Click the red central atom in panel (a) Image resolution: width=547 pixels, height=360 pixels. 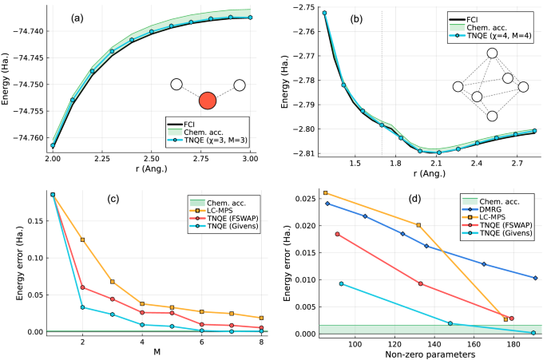(x=208, y=101)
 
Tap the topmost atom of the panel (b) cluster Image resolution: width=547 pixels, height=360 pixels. (x=492, y=53)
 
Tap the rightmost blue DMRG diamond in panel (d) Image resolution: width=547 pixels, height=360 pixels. (x=535, y=278)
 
